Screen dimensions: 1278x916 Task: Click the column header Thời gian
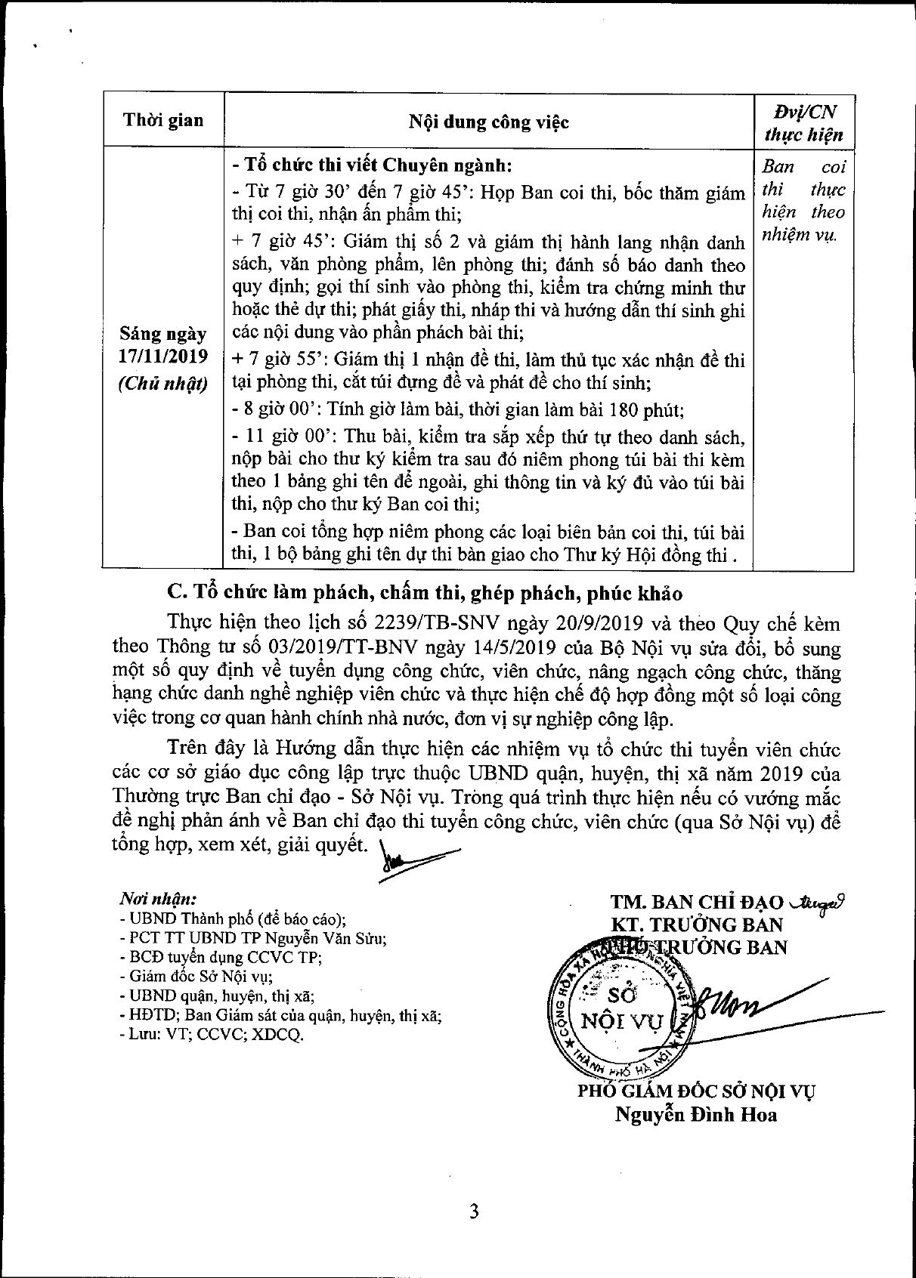[163, 120]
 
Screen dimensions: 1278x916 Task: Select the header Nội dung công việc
[488, 122]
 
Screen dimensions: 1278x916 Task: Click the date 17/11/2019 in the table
[162, 356]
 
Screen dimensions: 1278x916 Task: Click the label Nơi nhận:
[158, 900]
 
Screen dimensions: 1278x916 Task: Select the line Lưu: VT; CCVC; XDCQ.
[211, 1035]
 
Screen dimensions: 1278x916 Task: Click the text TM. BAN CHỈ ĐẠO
[698, 902]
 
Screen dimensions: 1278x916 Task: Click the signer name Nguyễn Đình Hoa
[695, 1114]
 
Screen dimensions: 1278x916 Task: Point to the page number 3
[474, 1212]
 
